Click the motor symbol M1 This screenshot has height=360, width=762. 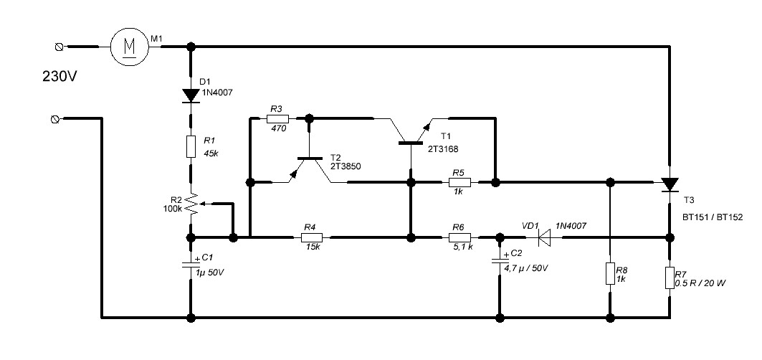coord(129,47)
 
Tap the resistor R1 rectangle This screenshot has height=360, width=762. coord(191,147)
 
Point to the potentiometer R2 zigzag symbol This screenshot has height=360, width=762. coord(191,206)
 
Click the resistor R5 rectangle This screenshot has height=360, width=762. coord(459,182)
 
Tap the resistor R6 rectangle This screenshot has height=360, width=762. coord(459,237)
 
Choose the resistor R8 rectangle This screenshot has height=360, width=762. coord(609,274)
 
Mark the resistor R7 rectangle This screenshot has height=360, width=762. coord(670,278)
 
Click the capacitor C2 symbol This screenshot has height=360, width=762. coord(499,261)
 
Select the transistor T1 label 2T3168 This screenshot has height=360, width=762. coord(443,148)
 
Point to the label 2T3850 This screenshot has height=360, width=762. coord(346,166)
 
